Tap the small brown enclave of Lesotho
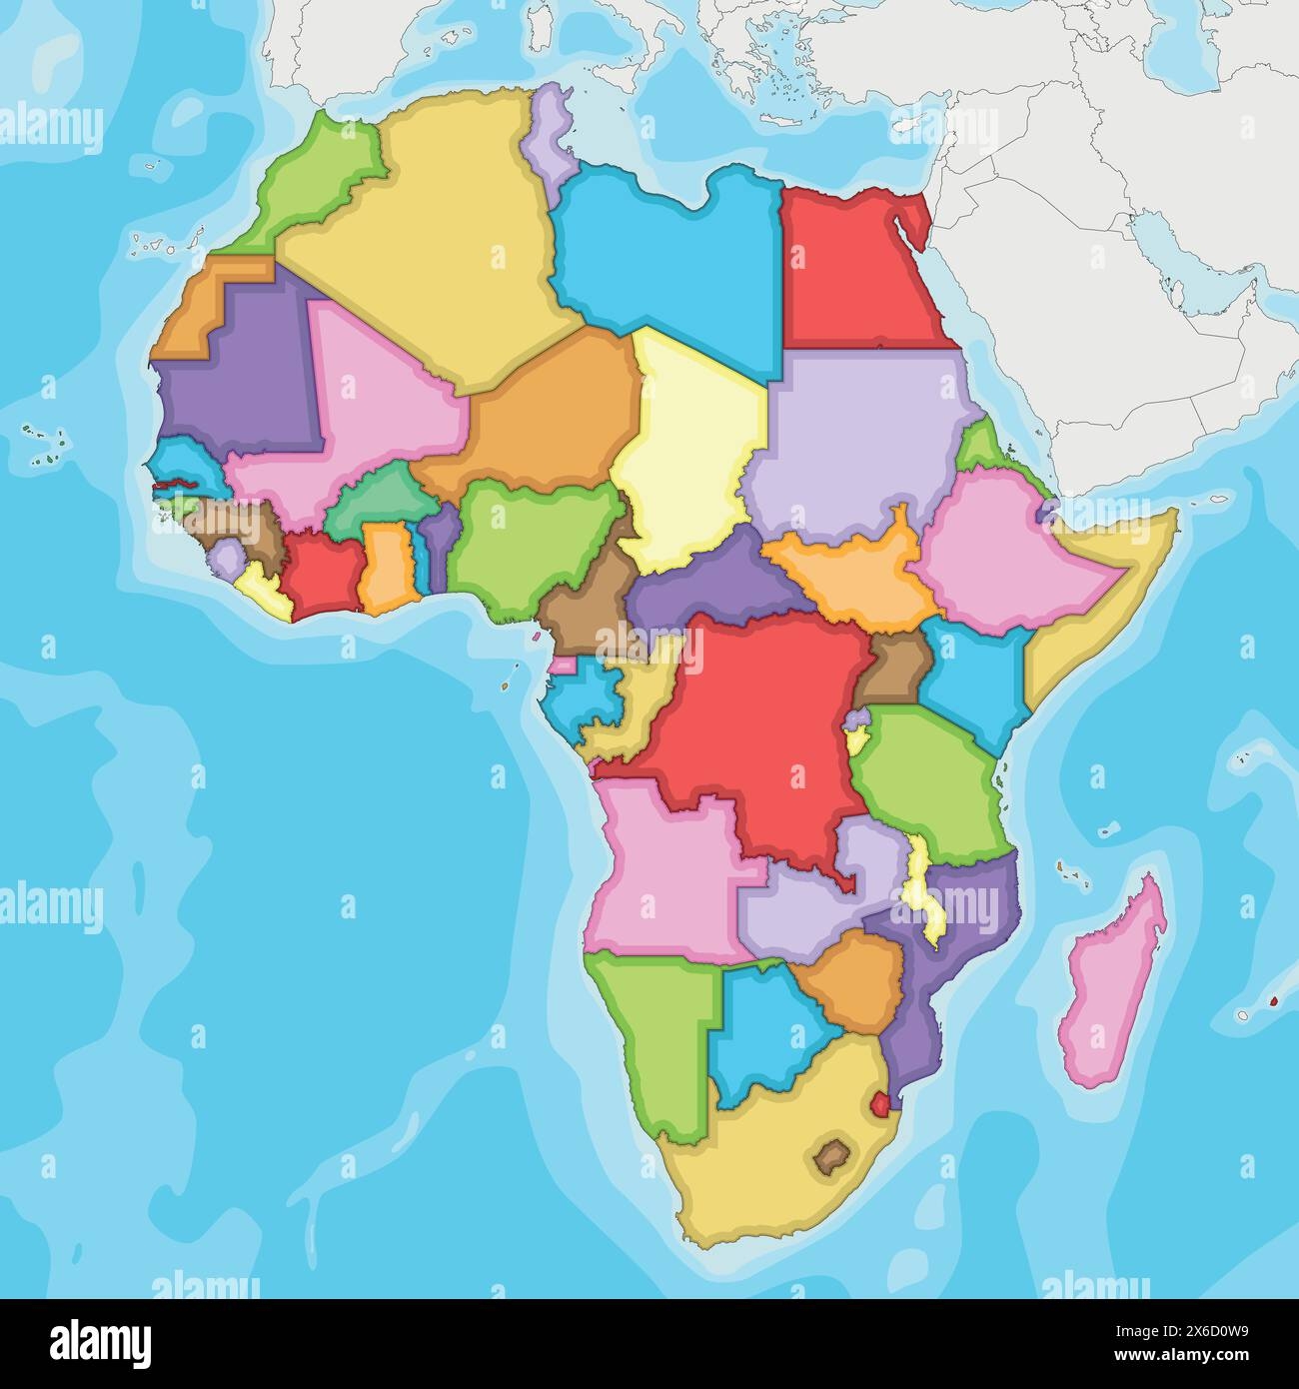pyautogui.click(x=828, y=1156)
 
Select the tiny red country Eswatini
pyautogui.click(x=880, y=1106)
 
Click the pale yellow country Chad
pyautogui.click(x=689, y=450)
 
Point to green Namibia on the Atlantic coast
pyautogui.click(x=654, y=1039)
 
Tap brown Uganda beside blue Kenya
pyautogui.click(x=892, y=670)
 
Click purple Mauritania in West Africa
pyautogui.click(x=240, y=380)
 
